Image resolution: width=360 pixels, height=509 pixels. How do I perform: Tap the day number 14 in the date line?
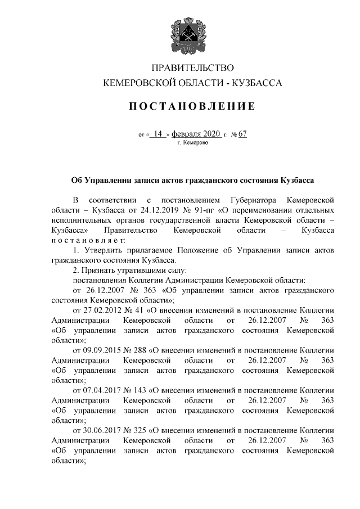coord(157,134)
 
